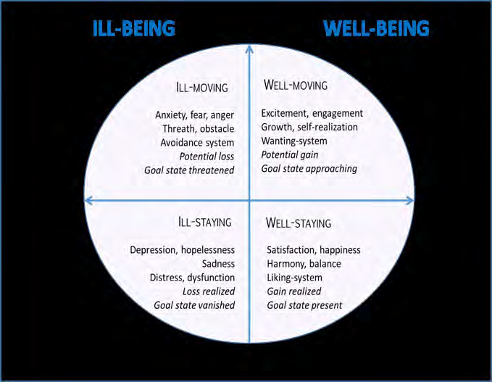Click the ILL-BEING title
tap(134, 29)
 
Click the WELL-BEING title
tap(376, 29)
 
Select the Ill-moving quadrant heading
tap(202, 88)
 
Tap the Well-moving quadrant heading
tap(295, 86)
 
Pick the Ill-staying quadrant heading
tap(204, 222)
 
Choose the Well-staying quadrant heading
tap(299, 222)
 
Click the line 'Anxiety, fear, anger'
tap(195, 115)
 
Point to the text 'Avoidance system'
tap(197, 142)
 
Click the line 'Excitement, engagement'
tap(312, 113)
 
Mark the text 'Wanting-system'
tap(294, 141)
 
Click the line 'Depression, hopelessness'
tap(182, 250)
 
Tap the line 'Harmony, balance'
tap(304, 264)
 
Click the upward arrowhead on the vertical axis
tap(249, 49)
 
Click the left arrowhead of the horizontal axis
tap(89, 200)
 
